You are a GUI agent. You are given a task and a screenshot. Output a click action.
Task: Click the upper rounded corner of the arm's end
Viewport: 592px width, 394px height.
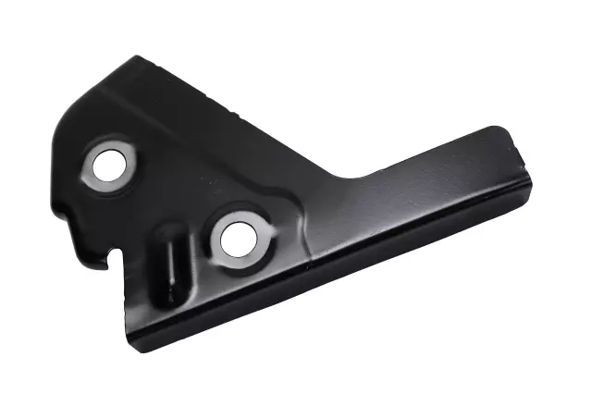504,129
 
